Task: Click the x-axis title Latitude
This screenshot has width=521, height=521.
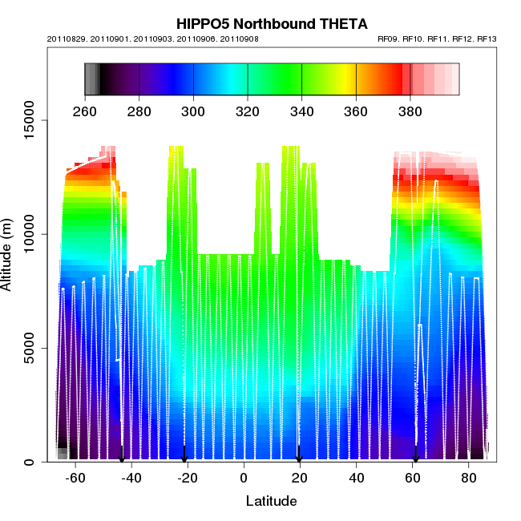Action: click(x=271, y=501)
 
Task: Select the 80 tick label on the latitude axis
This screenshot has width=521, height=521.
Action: click(x=469, y=478)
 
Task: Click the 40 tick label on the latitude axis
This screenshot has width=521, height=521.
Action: click(x=356, y=478)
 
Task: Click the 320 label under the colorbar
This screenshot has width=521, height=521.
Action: click(x=248, y=111)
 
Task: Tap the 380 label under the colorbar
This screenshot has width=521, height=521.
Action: click(x=410, y=111)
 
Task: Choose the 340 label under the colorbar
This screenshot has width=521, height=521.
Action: click(x=301, y=111)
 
